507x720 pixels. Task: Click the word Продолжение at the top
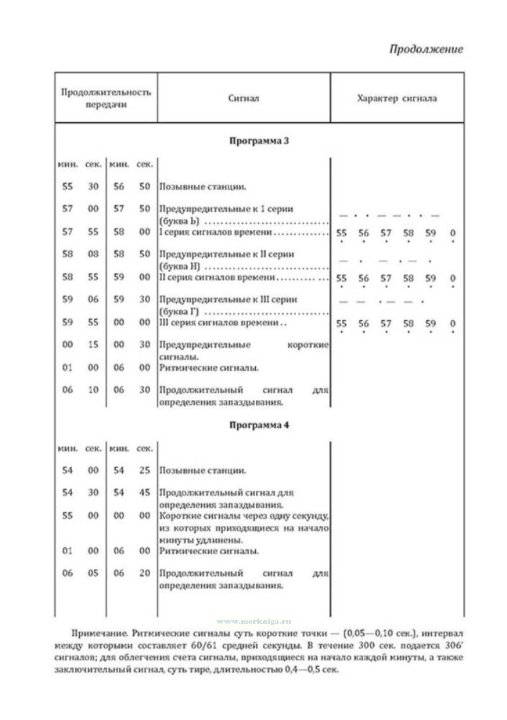tap(426, 49)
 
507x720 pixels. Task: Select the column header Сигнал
tap(243, 98)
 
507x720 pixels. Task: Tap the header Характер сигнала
tap(397, 98)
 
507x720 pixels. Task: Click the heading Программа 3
tap(259, 141)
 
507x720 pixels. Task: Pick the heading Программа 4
tap(259, 425)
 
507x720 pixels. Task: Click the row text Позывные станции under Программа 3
tap(202, 187)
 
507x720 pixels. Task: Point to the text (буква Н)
tap(179, 267)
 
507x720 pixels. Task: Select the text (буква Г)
tap(179, 312)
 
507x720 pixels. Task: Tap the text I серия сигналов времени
tap(215, 232)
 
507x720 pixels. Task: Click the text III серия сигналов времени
tap(218, 323)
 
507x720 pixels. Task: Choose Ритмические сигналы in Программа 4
tap(209, 551)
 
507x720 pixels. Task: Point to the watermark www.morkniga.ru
tap(254, 621)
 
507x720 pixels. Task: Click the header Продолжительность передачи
tap(106, 98)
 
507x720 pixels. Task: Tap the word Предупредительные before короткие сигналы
tap(205, 345)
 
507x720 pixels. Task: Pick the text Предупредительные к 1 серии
tap(226, 209)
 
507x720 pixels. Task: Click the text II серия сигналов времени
tap(217, 278)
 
